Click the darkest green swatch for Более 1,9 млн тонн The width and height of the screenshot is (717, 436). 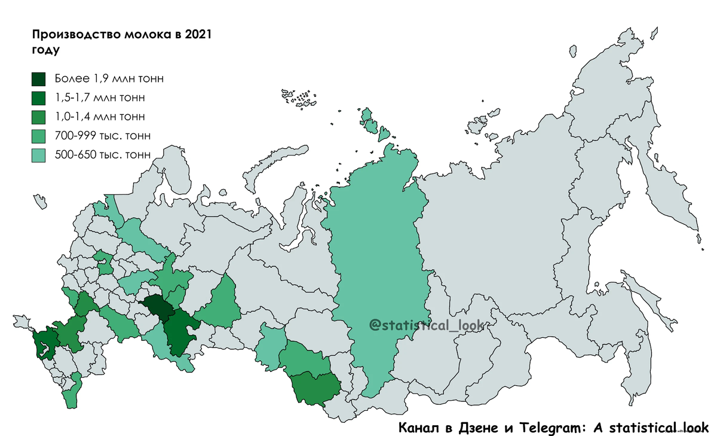[x=40, y=79]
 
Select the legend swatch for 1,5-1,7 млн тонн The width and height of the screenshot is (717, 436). [x=40, y=97]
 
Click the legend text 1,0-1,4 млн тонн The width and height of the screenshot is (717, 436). [x=99, y=116]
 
